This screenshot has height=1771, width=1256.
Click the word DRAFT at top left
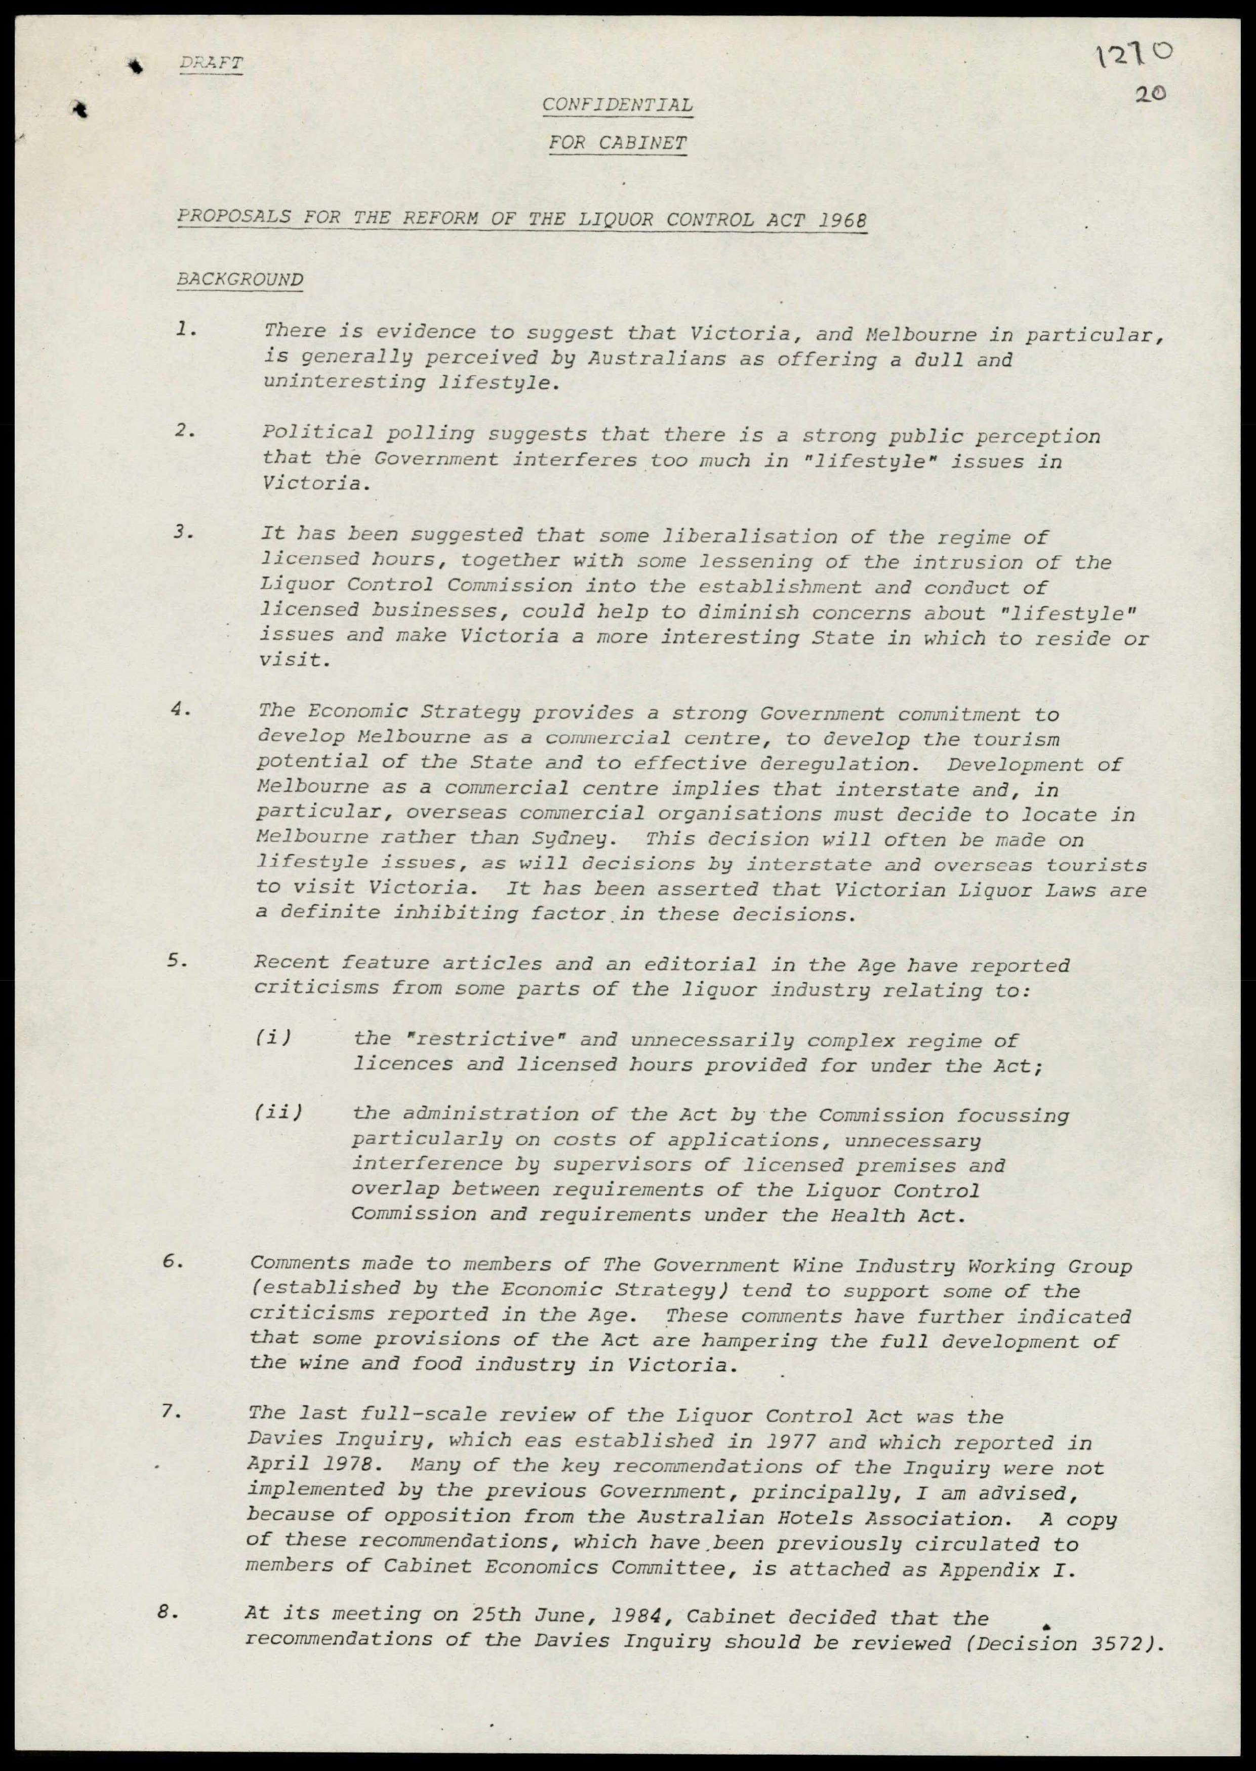coord(211,63)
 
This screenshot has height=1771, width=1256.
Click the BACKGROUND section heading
coord(240,279)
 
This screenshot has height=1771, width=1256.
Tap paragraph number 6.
coord(173,1262)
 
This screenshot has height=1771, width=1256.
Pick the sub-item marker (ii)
coord(277,1113)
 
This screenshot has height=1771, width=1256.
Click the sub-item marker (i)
coord(272,1038)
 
